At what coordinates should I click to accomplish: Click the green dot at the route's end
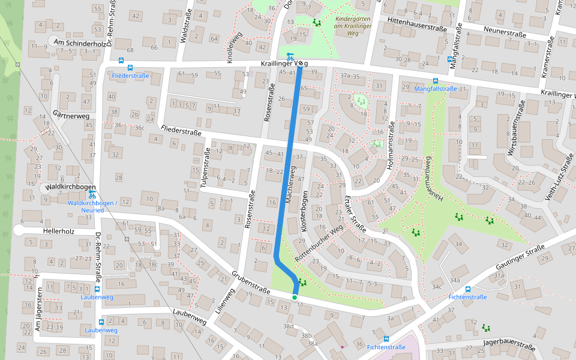point(295,298)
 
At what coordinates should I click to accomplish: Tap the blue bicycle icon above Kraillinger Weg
point(290,55)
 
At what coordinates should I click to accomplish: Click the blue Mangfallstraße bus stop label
point(436,89)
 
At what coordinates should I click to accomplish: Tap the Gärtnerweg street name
point(71,115)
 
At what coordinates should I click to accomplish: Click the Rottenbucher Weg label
point(319,239)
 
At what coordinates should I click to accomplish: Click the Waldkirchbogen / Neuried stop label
point(92,207)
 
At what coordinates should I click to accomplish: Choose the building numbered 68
point(130,48)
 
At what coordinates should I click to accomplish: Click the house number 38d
point(289,326)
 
